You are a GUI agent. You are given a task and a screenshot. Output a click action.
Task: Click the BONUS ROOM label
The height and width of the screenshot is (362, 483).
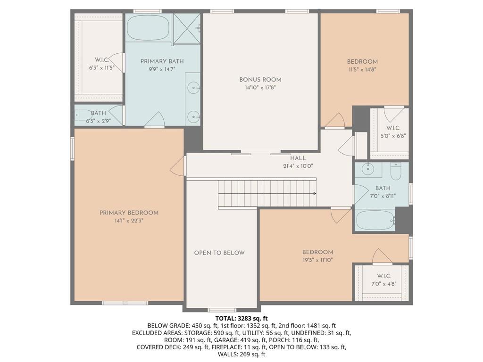260,80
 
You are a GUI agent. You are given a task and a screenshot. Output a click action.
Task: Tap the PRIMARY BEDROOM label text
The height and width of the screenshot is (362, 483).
129,213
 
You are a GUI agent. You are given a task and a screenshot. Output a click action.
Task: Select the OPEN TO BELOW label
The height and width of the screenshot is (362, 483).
219,253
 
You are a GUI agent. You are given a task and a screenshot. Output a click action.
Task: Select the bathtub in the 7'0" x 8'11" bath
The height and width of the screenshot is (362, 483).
375,220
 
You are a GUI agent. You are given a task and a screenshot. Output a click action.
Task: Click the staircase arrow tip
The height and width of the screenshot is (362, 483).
315,193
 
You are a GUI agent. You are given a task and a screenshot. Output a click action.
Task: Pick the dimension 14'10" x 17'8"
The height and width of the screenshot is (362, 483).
260,88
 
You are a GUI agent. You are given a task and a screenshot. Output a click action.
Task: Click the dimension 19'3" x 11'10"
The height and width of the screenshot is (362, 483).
317,260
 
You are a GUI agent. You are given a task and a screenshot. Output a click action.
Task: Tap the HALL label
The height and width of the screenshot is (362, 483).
298,158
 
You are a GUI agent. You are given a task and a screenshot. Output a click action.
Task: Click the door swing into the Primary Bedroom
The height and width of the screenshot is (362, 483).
178,167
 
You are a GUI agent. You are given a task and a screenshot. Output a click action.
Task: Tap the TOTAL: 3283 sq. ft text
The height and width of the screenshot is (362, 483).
241,319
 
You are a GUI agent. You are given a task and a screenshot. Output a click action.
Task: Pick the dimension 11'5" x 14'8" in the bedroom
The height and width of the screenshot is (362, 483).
362,69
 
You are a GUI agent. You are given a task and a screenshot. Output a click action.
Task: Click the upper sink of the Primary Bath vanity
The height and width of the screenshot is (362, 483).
193,87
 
